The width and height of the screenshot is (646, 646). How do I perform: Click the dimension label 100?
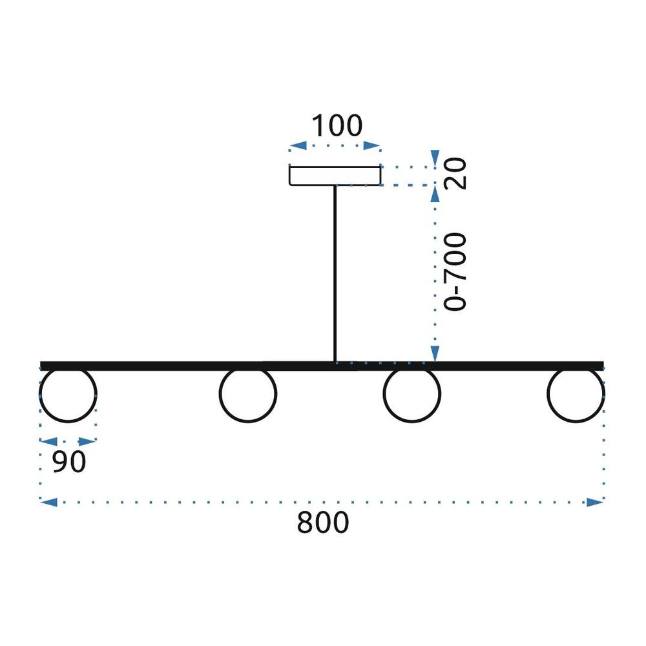(x=337, y=126)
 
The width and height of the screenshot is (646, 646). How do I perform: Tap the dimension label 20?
(x=455, y=173)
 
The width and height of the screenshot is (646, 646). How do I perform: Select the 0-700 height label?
(x=455, y=272)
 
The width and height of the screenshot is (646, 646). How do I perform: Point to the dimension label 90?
(x=69, y=461)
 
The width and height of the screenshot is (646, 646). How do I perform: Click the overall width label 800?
(x=323, y=522)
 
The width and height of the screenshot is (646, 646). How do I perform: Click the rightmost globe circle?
(x=548, y=394)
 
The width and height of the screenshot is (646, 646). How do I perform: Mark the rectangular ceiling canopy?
(x=335, y=167)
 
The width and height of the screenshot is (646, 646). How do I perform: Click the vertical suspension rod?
(x=335, y=273)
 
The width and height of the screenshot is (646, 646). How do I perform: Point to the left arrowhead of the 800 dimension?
(x=48, y=502)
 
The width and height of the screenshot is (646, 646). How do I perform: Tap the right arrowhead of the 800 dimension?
(x=596, y=502)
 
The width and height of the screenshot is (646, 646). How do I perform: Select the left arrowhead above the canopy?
(x=298, y=145)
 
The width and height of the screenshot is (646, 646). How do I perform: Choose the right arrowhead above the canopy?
(x=371, y=145)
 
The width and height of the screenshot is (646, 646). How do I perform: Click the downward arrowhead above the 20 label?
(x=435, y=158)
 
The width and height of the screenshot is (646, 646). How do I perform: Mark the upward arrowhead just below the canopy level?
(x=435, y=194)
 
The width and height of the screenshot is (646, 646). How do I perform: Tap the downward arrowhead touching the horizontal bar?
(x=435, y=353)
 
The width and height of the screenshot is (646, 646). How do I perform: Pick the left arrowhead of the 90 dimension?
(x=48, y=442)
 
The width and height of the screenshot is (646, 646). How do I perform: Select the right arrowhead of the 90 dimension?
(x=87, y=442)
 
